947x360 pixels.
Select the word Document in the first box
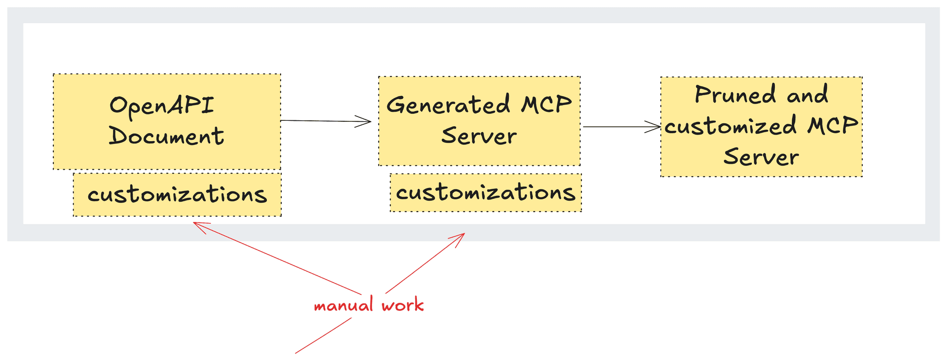[166, 136]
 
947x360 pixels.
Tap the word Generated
[448, 105]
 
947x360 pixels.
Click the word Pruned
[735, 95]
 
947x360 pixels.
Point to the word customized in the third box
[730, 126]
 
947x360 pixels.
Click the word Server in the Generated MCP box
[479, 136]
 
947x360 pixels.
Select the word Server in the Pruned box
[761, 157]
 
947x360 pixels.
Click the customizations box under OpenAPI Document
[177, 195]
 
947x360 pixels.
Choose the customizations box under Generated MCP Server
[485, 193]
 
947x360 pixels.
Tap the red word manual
[344, 306]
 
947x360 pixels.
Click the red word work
[402, 306]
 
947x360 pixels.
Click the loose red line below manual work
[323, 336]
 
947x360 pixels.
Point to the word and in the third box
[807, 95]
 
